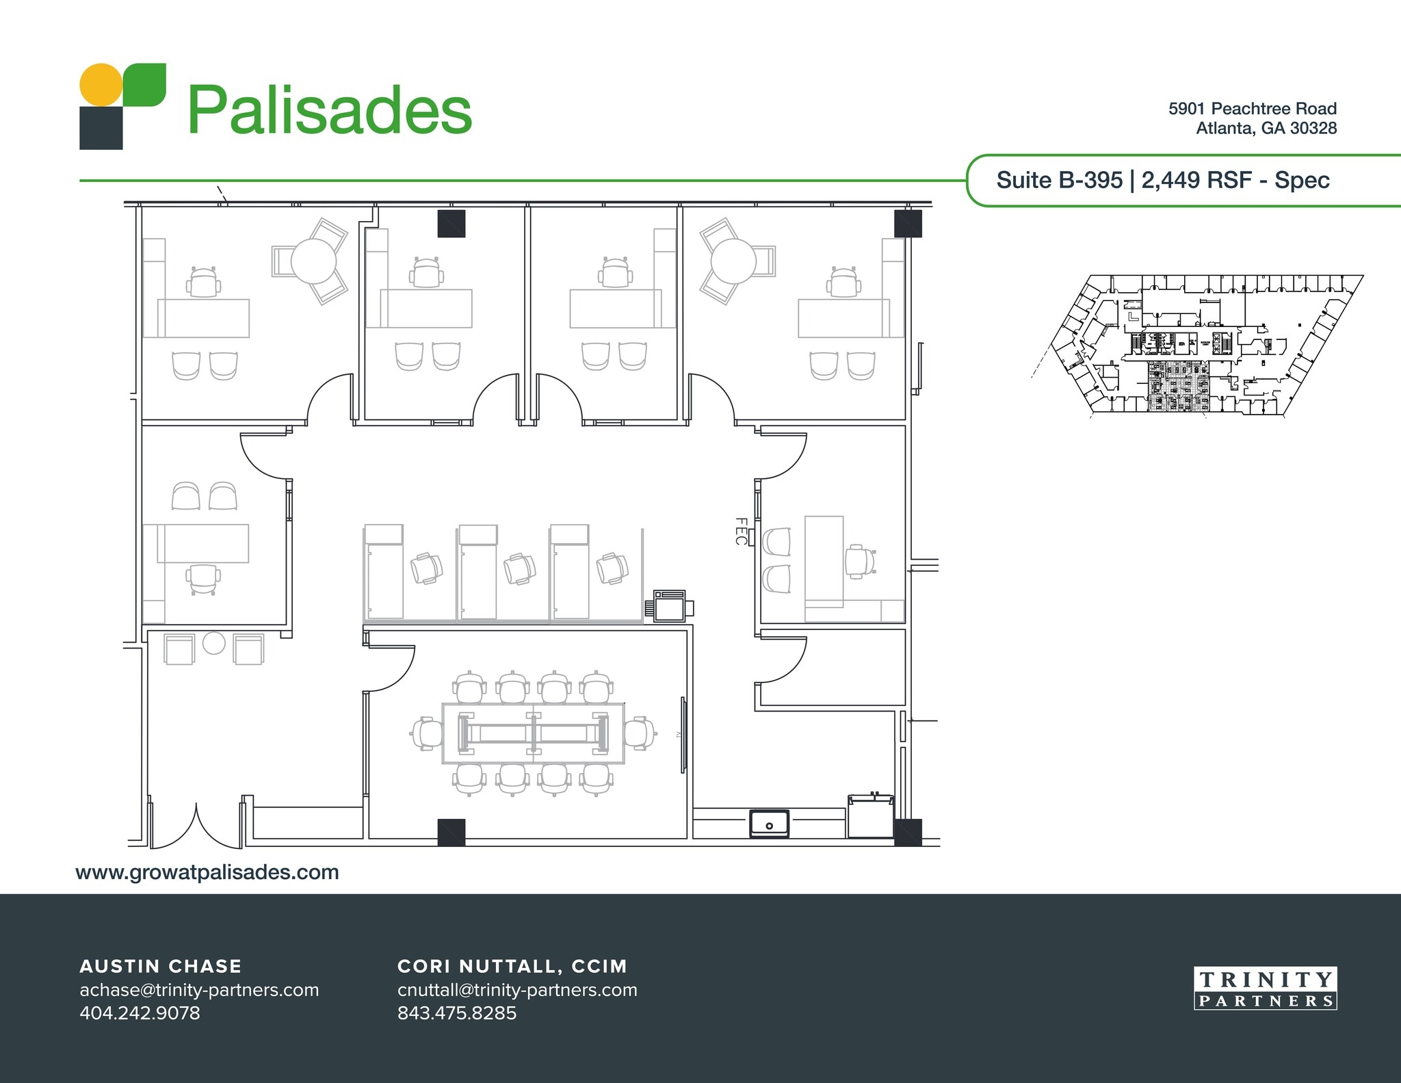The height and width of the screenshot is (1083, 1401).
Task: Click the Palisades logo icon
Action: point(122,106)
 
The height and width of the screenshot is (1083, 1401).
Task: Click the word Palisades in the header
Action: point(329,110)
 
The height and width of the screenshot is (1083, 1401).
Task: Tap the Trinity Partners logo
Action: point(1265,989)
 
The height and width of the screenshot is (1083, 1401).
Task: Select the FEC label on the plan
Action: point(741,532)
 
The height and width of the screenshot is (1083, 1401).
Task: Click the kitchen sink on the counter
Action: point(769,823)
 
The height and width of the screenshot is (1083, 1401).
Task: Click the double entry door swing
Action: point(197,827)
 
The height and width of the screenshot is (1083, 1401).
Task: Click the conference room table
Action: point(533,733)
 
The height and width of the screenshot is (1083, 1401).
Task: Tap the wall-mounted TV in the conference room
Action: point(683,735)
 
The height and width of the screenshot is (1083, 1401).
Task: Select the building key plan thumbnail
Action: point(1197,344)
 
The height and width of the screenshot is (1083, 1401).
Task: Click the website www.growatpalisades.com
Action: point(207,872)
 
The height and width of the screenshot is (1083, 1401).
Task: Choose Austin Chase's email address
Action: point(199,990)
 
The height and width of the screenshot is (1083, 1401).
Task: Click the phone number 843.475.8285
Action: point(457,1013)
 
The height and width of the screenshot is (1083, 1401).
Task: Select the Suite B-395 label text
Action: point(1059,181)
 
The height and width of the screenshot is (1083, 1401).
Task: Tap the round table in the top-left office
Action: point(313,261)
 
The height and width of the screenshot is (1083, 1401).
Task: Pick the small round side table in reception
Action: point(214,643)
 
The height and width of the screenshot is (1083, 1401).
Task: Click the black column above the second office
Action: point(451,224)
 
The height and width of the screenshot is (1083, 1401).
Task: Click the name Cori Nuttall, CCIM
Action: point(512,966)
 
